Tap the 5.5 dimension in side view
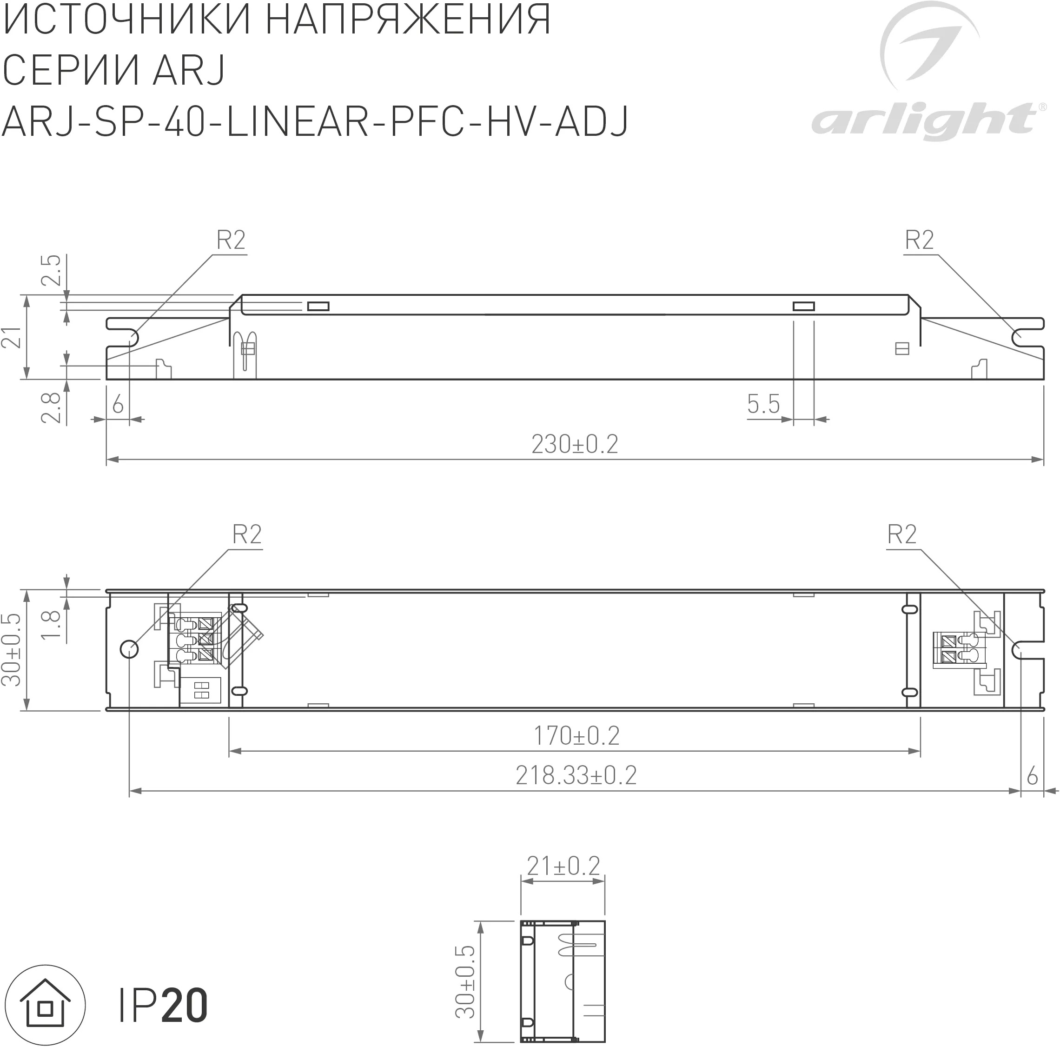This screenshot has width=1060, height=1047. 763,405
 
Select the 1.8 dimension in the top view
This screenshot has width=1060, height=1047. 51,624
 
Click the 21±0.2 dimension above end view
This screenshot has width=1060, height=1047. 563,867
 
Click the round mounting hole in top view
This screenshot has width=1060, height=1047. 129,649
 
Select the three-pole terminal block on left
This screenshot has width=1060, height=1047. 199,640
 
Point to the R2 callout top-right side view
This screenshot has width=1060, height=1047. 919,240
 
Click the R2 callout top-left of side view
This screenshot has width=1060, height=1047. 231,240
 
